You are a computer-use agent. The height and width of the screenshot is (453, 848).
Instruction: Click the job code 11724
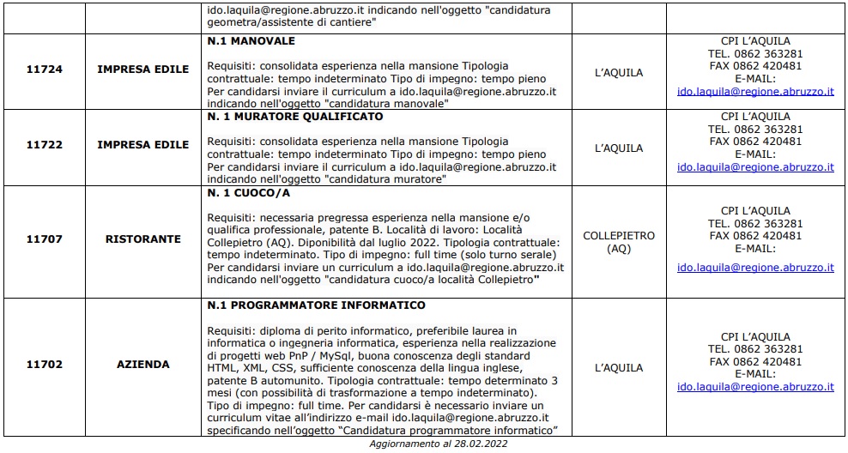tap(44, 69)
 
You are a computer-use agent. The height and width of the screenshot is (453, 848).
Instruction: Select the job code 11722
tap(44, 145)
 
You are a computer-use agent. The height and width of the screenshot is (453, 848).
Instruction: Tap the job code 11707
tap(44, 239)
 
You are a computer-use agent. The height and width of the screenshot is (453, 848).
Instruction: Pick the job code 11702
tap(44, 365)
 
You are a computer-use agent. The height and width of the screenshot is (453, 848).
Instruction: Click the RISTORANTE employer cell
tap(142, 239)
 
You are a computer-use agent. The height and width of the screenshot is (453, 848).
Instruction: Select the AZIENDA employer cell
tap(142, 365)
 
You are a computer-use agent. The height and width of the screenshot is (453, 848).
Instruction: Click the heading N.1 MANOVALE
tap(251, 41)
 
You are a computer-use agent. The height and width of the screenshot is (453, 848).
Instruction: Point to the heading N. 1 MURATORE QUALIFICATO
tap(295, 117)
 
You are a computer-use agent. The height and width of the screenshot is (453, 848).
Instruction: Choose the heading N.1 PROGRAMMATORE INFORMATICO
tap(317, 305)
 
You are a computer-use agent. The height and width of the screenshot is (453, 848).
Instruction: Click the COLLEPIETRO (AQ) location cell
tap(618, 242)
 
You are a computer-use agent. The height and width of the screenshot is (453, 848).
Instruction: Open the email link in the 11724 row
tap(755, 91)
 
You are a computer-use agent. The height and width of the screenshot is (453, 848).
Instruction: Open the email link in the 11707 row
tap(755, 268)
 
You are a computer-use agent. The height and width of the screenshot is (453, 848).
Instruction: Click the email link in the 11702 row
tap(755, 387)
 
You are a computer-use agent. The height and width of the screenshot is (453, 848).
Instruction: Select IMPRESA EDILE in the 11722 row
tap(142, 145)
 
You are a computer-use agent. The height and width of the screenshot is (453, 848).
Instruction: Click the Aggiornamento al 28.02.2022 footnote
tap(439, 444)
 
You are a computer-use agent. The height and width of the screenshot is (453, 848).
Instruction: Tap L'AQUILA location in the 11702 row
tap(618, 368)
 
